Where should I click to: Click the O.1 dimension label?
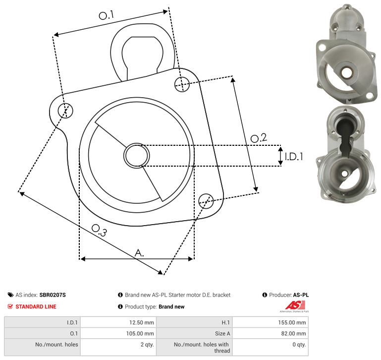[x=106, y=15]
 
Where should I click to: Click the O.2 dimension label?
[x=259, y=138]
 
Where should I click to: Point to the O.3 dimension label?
[x=99, y=230]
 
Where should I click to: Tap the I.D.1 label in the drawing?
[x=294, y=157]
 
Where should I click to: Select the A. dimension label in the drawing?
[x=139, y=253]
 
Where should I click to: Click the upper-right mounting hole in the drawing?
[x=182, y=84]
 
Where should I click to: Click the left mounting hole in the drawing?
[x=65, y=111]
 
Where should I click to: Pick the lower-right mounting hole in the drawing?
[x=206, y=201]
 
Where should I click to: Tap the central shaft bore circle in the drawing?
[x=137, y=156]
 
